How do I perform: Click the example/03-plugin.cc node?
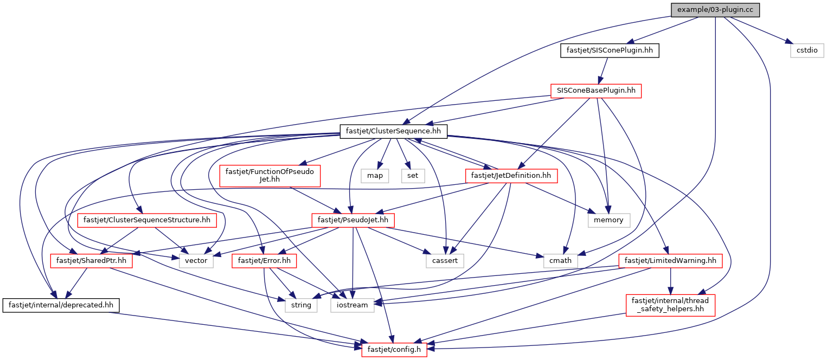click(715, 10)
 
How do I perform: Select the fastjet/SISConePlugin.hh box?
click(610, 50)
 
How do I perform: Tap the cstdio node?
click(807, 50)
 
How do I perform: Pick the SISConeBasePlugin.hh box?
click(596, 91)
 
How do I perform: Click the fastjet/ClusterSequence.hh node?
click(393, 131)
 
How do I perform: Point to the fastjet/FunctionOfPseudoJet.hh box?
click(270, 176)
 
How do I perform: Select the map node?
click(375, 176)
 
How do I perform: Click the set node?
click(413, 176)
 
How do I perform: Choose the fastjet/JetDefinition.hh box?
click(511, 176)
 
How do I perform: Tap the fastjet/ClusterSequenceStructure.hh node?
click(147, 221)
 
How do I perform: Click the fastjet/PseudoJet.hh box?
click(353, 221)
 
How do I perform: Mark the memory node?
click(609, 221)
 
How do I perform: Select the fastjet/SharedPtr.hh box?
click(91, 261)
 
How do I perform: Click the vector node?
click(196, 261)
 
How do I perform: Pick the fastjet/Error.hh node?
click(264, 261)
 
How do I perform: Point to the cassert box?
click(445, 261)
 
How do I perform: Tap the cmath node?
click(560, 261)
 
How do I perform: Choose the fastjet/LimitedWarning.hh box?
click(670, 261)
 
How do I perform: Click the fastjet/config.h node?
click(394, 350)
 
